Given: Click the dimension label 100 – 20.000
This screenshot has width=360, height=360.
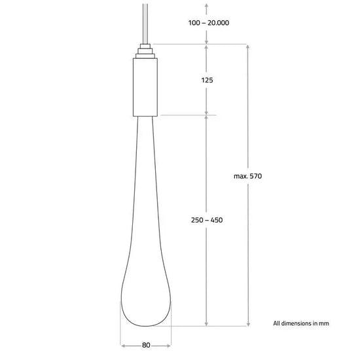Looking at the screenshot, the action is point(208,23).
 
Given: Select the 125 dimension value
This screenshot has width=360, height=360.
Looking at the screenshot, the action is point(207,80).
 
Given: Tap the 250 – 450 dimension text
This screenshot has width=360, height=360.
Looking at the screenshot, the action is point(207,220).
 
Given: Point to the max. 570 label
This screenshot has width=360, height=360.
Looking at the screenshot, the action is point(247,176).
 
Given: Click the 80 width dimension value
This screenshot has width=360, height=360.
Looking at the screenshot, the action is point(146,345).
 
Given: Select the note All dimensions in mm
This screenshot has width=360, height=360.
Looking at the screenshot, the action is point(301,323).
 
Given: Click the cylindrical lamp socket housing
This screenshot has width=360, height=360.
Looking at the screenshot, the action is point(145,87).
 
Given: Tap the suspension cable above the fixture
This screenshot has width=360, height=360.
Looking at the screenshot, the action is point(145,24).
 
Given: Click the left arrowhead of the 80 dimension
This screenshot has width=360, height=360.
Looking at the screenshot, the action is point(123,346).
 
